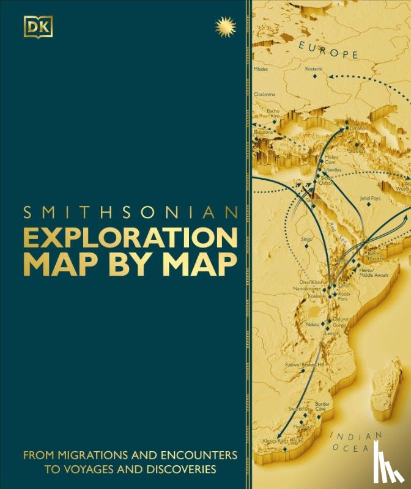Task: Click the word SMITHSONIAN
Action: coord(130,213)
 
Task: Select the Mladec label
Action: coord(261,69)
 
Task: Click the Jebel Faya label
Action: coord(371,198)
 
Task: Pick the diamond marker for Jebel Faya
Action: coord(369,206)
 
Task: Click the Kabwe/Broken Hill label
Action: coord(304,364)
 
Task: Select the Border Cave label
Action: coord(322,406)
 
